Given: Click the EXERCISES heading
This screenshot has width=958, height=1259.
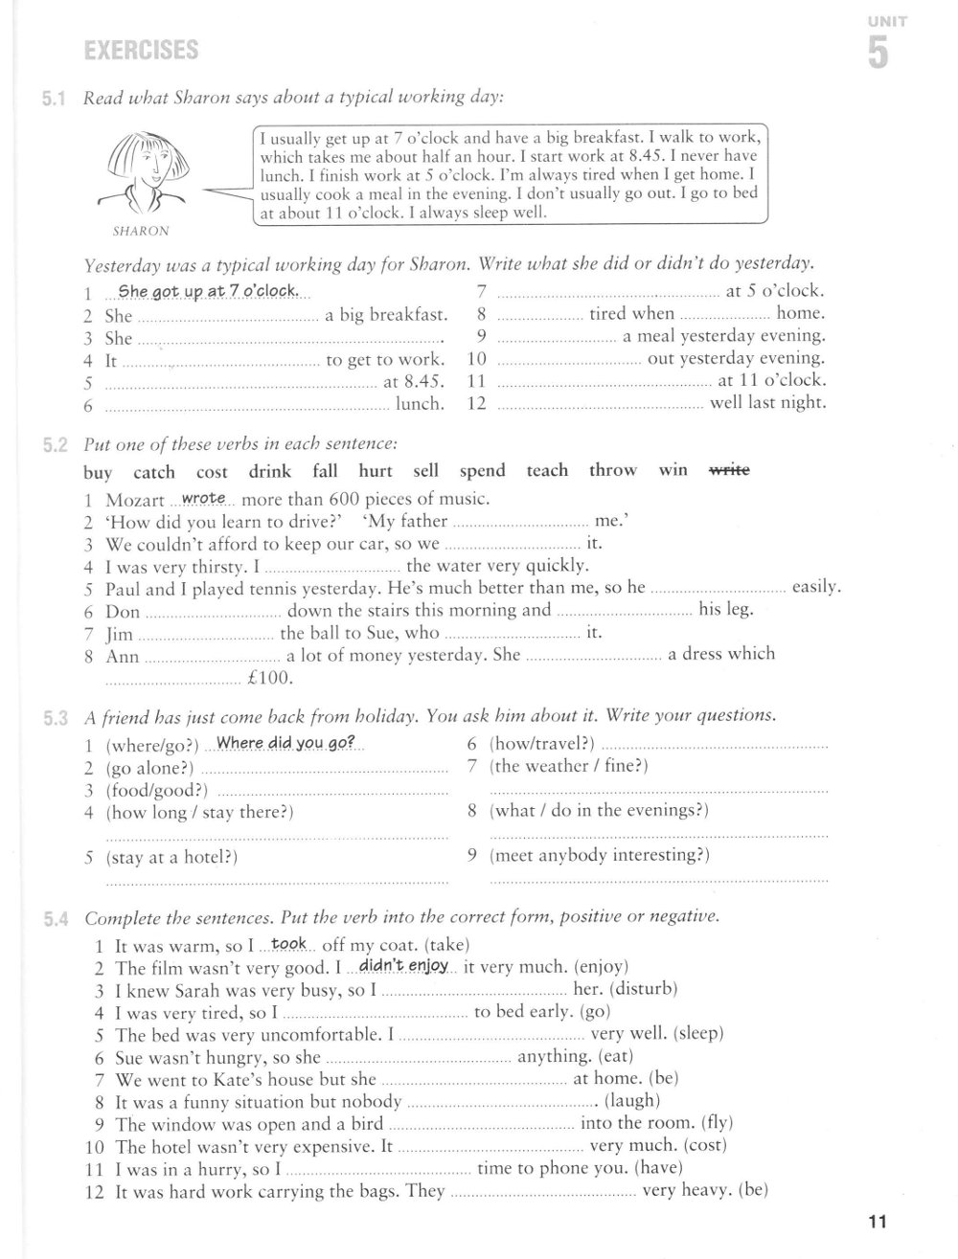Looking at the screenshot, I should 141,50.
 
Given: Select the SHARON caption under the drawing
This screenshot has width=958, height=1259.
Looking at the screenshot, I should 141,231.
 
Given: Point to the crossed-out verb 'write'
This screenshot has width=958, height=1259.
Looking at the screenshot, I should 729,470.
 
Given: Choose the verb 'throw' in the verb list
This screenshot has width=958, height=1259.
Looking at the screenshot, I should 612,470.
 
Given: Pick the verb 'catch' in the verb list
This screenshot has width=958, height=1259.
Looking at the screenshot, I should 154,471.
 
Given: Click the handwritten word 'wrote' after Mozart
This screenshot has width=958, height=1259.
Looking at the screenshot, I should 203,498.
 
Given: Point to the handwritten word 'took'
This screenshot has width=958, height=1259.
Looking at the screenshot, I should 288,944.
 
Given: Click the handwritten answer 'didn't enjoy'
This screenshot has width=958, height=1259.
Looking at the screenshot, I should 403,966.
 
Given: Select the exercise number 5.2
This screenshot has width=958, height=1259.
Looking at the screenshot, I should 54,444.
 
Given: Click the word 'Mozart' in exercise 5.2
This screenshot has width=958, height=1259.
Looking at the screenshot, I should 134,500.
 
